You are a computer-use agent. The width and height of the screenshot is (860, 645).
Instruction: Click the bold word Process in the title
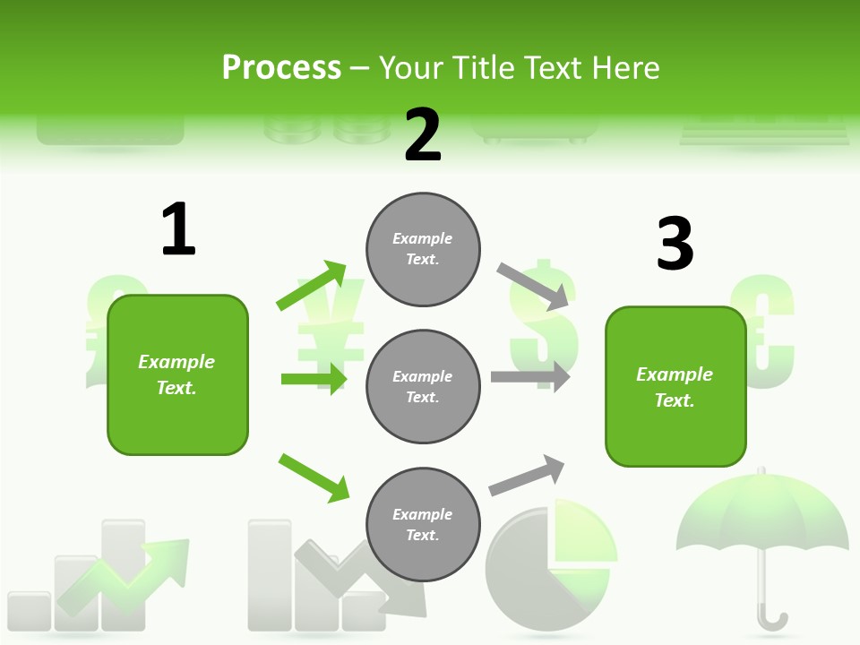pyautogui.click(x=281, y=68)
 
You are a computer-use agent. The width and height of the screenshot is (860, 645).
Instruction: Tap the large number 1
pyautogui.click(x=178, y=229)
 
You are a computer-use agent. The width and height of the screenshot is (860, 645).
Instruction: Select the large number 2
pyautogui.click(x=423, y=135)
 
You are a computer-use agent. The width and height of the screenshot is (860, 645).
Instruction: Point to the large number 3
pyautogui.click(x=675, y=244)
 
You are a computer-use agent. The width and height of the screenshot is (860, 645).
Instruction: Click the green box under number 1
pyautogui.click(x=177, y=374)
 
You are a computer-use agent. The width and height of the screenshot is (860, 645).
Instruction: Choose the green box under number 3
pyautogui.click(x=675, y=387)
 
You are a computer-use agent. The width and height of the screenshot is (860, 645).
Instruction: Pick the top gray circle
pyautogui.click(x=423, y=249)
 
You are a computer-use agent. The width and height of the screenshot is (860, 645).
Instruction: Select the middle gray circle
pyautogui.click(x=423, y=387)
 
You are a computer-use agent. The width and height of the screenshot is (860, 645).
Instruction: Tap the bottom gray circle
pyautogui.click(x=423, y=525)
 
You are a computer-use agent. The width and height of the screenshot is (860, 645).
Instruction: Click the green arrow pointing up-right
pyautogui.click(x=311, y=286)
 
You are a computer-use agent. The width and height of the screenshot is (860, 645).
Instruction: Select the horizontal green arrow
pyautogui.click(x=314, y=379)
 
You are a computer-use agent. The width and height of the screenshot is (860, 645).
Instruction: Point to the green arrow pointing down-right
pyautogui.click(x=314, y=477)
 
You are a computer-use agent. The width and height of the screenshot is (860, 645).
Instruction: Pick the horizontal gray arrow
pyautogui.click(x=530, y=376)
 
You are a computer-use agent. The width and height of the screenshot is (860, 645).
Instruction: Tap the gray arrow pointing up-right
pyautogui.click(x=528, y=476)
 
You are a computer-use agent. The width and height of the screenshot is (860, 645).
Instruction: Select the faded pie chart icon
pyautogui.click(x=548, y=560)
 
